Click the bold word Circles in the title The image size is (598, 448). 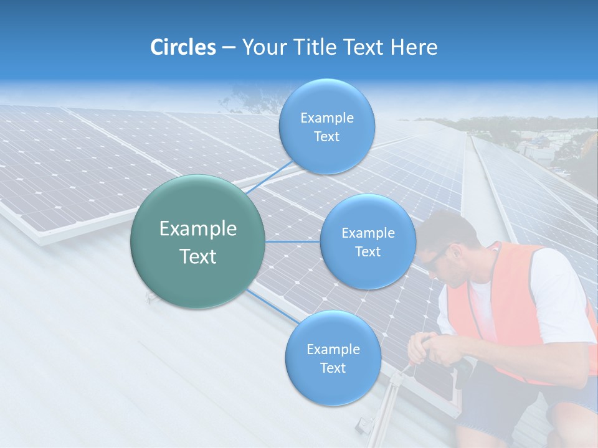click(183, 47)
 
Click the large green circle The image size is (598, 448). click(197, 241)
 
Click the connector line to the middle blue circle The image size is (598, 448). click(293, 241)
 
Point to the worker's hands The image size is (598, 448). click(430, 348)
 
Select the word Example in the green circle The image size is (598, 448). click(197, 229)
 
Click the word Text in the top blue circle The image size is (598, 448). click(326, 137)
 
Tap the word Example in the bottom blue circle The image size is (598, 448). click(333, 349)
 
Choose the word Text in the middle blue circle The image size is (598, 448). click(368, 251)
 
